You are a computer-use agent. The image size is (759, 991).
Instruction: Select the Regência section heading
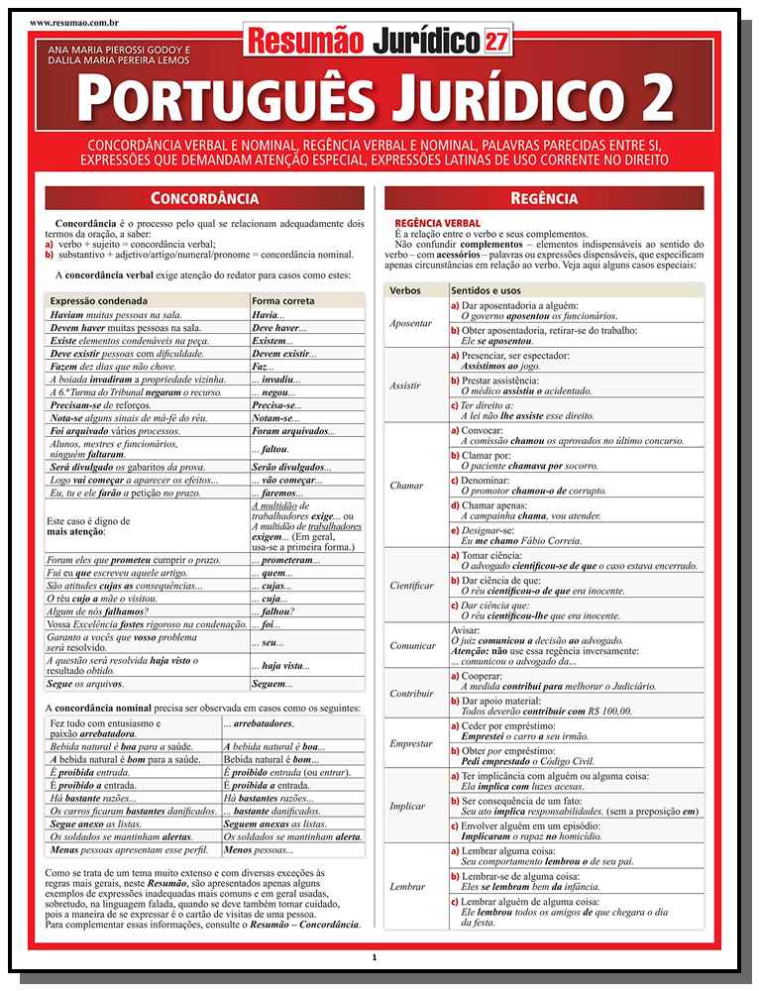click(544, 197)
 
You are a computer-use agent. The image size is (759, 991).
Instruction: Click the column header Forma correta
click(283, 300)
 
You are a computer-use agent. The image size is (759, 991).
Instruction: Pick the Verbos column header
click(405, 290)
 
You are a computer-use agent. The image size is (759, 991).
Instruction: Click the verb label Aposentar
click(411, 323)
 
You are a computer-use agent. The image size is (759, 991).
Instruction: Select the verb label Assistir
click(405, 385)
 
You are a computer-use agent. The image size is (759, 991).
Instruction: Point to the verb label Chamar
click(406, 486)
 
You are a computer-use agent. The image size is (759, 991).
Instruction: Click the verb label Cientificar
click(411, 586)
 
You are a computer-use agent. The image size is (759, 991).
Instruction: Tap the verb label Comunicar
click(412, 645)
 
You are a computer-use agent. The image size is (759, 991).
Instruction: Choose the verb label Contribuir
click(412, 693)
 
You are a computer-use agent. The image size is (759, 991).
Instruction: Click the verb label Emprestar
click(411, 743)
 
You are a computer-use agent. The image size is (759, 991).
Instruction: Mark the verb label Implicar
click(407, 806)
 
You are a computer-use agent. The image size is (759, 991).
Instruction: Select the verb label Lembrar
click(406, 886)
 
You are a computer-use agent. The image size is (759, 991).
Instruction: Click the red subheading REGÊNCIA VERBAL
click(437, 224)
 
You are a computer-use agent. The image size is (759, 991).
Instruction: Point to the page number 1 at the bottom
click(375, 957)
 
